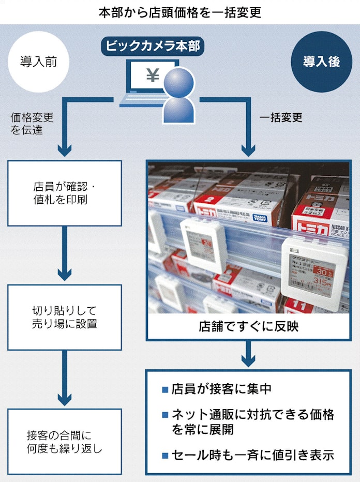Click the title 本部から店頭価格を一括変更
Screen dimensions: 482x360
[x=179, y=12]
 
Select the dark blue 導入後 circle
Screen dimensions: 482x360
[x=321, y=62]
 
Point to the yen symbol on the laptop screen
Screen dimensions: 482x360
[x=153, y=76]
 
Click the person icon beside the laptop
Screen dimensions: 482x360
[x=178, y=96]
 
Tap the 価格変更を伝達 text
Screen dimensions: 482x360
[x=32, y=124]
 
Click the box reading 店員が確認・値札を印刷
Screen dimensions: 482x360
[x=64, y=192]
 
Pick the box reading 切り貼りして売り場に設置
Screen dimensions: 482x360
[x=64, y=317]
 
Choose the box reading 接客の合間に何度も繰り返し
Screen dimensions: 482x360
[x=64, y=441]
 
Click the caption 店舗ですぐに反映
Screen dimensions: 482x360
[x=248, y=326]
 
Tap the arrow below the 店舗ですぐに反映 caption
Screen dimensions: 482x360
[x=248, y=354]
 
